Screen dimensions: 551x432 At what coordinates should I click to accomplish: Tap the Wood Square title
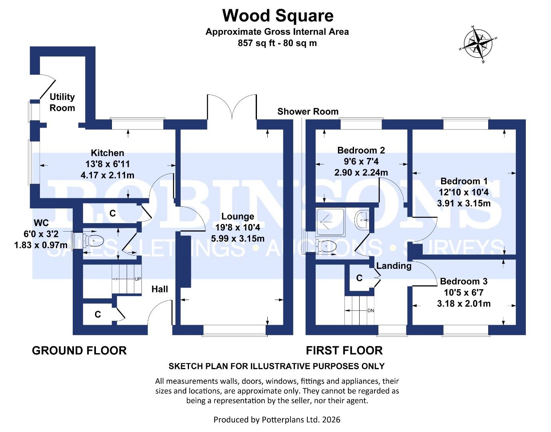pyautogui.click(x=278, y=16)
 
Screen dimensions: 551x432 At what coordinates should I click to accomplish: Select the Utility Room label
pyautogui.click(x=62, y=102)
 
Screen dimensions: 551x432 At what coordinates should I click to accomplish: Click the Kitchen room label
pyautogui.click(x=107, y=153)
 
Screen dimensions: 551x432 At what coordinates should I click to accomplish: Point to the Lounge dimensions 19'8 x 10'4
pyautogui.click(x=238, y=228)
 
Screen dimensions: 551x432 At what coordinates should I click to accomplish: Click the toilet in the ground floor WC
pyautogui.click(x=96, y=241)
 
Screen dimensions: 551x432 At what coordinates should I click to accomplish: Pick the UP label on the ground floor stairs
pyautogui.click(x=137, y=279)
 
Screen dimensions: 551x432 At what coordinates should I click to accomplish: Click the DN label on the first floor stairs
pyautogui.click(x=370, y=310)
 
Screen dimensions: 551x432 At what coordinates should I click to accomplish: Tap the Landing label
pyautogui.click(x=394, y=266)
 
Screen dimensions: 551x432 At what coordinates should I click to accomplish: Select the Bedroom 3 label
pyautogui.click(x=463, y=281)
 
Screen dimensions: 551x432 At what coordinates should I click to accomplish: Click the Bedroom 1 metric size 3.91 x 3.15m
pyautogui.click(x=463, y=203)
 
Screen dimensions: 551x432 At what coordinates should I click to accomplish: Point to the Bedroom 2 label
pyautogui.click(x=361, y=150)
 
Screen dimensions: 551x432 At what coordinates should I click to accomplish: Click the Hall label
pyautogui.click(x=159, y=289)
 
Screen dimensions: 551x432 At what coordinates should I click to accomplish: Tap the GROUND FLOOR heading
pyautogui.click(x=79, y=351)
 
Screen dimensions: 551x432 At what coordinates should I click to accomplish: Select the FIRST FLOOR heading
pyautogui.click(x=344, y=351)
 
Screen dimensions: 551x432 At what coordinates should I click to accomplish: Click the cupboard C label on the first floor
pyautogui.click(x=359, y=278)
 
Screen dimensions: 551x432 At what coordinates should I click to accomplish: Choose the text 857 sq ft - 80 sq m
pyautogui.click(x=277, y=43)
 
